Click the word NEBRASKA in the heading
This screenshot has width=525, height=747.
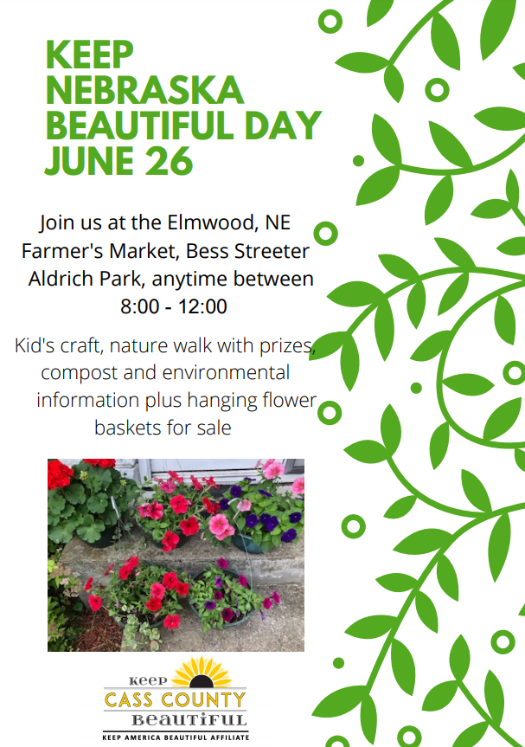coord(144,91)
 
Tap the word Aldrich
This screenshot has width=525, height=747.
coord(65,279)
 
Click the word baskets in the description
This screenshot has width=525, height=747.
coord(125,428)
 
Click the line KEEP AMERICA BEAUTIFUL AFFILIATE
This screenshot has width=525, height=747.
coord(176,737)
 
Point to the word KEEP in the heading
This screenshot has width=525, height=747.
coord(90,55)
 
